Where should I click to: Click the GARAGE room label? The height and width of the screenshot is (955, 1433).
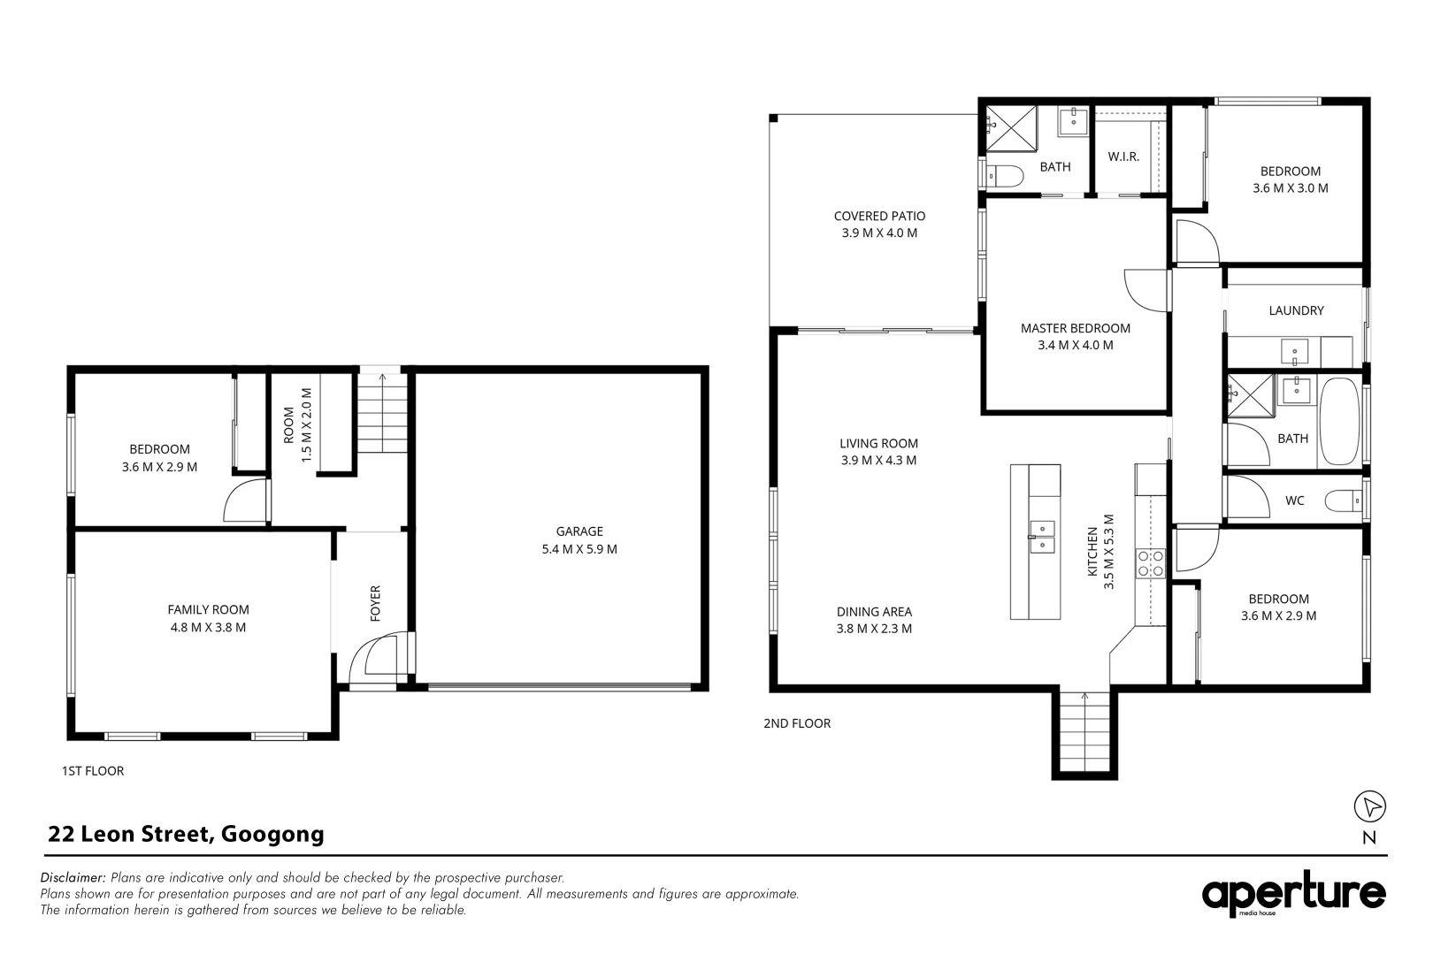click(x=579, y=531)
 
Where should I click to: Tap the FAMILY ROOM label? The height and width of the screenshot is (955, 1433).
click(x=209, y=609)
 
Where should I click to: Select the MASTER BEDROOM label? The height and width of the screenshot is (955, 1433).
click(x=1076, y=328)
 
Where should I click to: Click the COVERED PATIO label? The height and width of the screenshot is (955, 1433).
click(x=879, y=217)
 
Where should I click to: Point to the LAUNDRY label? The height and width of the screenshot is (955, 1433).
click(x=1296, y=310)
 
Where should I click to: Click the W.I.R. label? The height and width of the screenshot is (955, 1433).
click(x=1123, y=157)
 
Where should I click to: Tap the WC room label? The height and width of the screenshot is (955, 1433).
click(x=1294, y=500)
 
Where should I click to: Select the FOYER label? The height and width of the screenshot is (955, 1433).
click(x=376, y=603)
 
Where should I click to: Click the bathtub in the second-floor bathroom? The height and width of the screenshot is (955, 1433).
click(x=1339, y=422)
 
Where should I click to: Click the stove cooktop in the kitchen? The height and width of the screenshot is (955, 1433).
click(x=1150, y=563)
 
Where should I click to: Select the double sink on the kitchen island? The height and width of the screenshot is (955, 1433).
click(x=1041, y=537)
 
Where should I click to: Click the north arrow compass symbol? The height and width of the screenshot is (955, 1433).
click(x=1369, y=806)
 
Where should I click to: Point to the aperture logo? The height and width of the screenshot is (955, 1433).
click(x=1293, y=894)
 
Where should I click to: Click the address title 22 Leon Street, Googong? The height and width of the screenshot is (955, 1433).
click(x=186, y=834)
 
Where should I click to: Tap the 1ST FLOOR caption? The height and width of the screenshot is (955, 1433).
click(x=93, y=771)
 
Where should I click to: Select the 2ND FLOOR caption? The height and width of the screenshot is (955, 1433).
click(x=797, y=723)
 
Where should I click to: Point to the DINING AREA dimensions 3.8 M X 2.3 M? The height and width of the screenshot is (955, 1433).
click(x=875, y=629)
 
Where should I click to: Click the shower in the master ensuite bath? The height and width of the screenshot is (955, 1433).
click(x=1011, y=128)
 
